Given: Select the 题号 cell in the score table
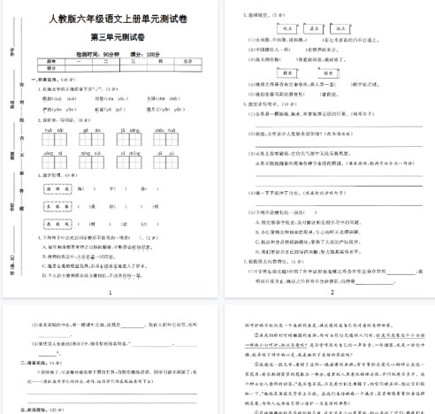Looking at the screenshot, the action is [50, 61].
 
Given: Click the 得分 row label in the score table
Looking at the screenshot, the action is [50, 67].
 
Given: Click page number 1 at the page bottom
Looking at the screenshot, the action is [109, 292].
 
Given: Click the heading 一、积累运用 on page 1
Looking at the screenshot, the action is [36, 80].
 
